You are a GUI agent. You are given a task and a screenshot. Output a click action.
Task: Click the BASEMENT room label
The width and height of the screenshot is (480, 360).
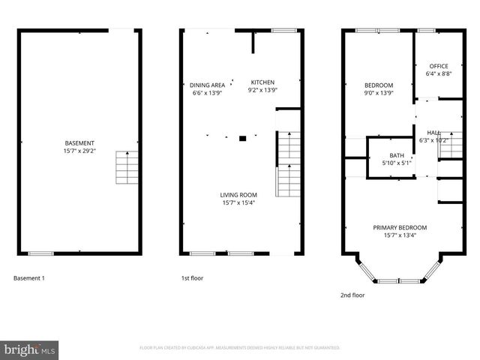tap(79, 143)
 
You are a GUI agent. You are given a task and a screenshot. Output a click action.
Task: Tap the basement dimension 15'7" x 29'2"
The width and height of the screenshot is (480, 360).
tap(79, 151)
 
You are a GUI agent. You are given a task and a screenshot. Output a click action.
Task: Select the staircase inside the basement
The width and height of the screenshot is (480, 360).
tap(127, 168)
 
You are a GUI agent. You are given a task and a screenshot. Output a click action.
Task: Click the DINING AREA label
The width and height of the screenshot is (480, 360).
tap(208, 85)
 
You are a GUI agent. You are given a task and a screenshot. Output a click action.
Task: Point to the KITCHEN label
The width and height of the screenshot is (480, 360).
tap(262, 82)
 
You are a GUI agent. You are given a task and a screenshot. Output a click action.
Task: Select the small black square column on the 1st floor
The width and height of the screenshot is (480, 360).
tap(242, 138)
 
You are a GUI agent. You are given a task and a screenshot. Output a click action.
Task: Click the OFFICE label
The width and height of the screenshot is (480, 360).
tap(439, 66)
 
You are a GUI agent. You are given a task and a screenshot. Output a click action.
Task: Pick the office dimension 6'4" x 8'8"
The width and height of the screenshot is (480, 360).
tap(439, 73)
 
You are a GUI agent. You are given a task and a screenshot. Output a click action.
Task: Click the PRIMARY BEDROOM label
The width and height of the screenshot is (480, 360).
tap(400, 227)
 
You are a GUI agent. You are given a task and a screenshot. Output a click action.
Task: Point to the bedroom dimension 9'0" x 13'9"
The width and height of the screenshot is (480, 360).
tap(379, 94)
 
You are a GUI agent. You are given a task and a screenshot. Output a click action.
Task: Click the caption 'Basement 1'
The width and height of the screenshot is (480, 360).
tap(29, 278)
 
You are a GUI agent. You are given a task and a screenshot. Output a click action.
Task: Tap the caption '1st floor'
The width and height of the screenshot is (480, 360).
tap(192, 278)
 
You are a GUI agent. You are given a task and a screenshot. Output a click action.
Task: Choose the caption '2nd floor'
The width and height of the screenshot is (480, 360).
tap(352, 295)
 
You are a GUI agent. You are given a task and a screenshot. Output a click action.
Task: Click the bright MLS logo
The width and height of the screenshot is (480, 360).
tap(29, 349)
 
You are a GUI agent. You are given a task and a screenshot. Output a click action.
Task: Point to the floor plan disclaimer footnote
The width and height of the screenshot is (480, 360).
tap(240, 348)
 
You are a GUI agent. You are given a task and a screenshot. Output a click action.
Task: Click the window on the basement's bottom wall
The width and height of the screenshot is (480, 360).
tap(40, 253)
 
